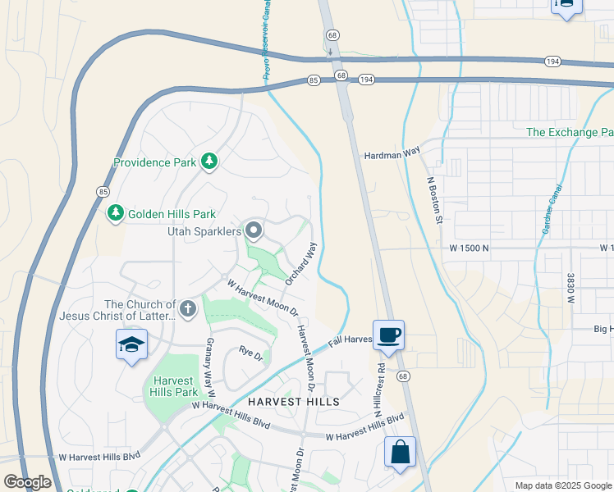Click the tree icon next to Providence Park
click(209, 162)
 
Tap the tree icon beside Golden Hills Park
click(116, 213)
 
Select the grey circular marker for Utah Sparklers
click(253, 231)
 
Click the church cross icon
click(188, 309)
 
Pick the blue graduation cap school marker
click(131, 346)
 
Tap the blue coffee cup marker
click(388, 335)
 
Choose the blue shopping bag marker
click(400, 452)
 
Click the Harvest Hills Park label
click(173, 387)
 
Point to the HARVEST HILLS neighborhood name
click(293, 402)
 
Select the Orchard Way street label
click(300, 263)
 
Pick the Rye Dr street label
click(250, 355)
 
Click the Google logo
click(27, 482)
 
